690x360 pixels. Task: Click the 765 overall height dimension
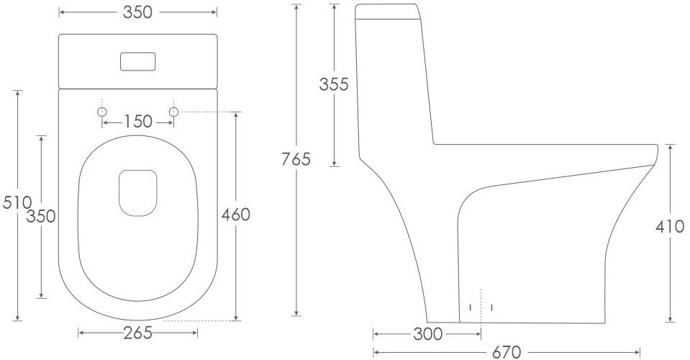296,159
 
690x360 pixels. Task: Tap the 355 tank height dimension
333,84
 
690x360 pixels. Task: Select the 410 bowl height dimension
670,226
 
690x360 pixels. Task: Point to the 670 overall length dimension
506,353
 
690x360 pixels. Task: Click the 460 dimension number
235,215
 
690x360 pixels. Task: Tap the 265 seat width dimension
137,333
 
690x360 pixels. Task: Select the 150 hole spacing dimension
137,122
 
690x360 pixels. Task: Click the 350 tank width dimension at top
137,13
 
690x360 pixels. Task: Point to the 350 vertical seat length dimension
41,215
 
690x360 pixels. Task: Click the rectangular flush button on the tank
137,61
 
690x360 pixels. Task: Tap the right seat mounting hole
173,112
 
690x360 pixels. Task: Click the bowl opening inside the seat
137,193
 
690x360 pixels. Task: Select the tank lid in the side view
386,10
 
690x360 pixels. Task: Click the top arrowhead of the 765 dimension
296,6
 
